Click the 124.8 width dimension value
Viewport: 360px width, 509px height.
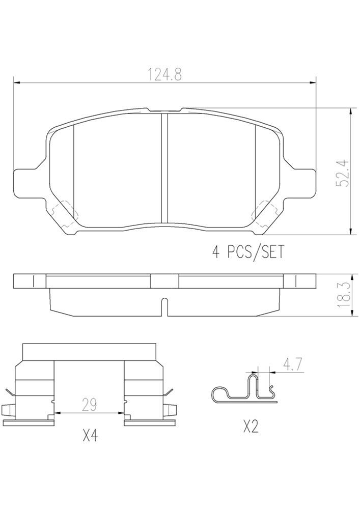[164, 74]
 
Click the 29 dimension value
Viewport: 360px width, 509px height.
[89, 405]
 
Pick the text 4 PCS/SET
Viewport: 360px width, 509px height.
[247, 251]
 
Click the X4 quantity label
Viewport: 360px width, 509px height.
[90, 436]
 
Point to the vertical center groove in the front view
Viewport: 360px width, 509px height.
[164, 168]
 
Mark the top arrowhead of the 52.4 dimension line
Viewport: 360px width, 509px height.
[350, 111]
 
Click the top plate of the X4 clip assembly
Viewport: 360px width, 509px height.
[89, 351]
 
